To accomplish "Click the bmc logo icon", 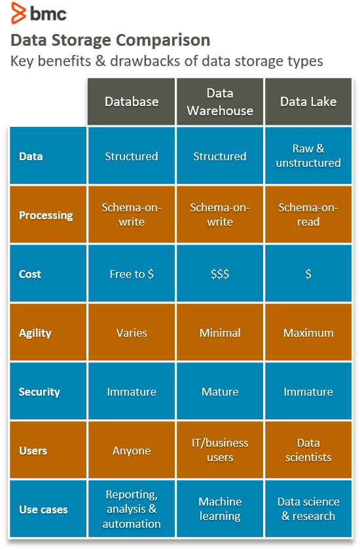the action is point(18,13).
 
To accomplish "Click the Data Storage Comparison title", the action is point(110,40).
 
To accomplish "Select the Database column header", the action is point(132,102).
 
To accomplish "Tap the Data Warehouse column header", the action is point(220,102).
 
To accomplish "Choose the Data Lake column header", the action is point(308,102).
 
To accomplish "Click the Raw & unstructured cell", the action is point(308,156).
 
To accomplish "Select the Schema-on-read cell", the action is point(308,215).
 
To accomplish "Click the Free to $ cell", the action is point(132,273).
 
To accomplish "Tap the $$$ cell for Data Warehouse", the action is point(220,273).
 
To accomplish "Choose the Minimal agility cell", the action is point(220,332).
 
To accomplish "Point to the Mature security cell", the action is point(220,392).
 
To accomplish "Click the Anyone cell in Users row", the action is point(132,451).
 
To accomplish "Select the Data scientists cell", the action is point(308,451).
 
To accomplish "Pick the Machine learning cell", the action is point(220,509).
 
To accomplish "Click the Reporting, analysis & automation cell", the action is point(132,509).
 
